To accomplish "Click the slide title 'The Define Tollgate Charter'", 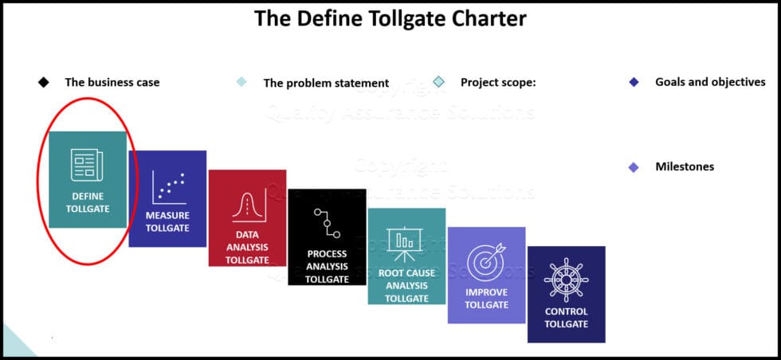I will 390,18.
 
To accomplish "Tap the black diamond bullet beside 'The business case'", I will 44,82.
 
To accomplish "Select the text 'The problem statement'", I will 326,83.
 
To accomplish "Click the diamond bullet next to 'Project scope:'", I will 438,81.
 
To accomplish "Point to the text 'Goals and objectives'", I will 710,81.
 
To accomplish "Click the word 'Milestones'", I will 684,166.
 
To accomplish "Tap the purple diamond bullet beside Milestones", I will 634,166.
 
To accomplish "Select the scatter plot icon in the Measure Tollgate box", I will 168,187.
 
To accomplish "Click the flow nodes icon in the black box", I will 326,224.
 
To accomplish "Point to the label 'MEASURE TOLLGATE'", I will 168,222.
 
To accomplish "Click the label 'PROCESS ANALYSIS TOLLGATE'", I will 327,266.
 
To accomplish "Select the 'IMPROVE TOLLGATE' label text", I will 486,298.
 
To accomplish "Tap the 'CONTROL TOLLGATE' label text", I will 566,318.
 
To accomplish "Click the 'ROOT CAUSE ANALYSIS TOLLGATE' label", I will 406,285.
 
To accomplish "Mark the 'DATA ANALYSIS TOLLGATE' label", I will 247,247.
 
